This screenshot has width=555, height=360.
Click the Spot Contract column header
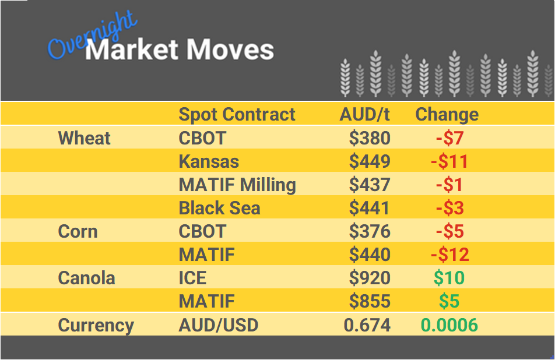pyautogui.click(x=237, y=114)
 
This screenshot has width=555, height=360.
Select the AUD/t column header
pyautogui.click(x=364, y=114)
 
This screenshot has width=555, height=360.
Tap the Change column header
pyautogui.click(x=447, y=114)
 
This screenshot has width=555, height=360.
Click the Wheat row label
pyautogui.click(x=84, y=138)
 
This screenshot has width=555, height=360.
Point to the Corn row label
pyautogui.click(x=78, y=231)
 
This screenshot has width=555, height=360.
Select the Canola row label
pyautogui.click(x=86, y=278)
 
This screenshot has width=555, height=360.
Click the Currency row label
pyautogui.click(x=96, y=325)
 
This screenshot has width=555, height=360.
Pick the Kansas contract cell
pyautogui.click(x=209, y=161)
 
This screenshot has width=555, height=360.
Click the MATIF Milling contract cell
pyautogui.click(x=237, y=185)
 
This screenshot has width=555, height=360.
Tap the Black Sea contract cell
pyautogui.click(x=219, y=208)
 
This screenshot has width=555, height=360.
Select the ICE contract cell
pyautogui.click(x=193, y=278)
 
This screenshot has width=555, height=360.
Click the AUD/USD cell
pyautogui.click(x=218, y=325)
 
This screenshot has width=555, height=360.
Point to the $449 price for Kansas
pyautogui.click(x=370, y=161)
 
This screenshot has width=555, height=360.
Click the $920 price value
pyautogui.click(x=370, y=278)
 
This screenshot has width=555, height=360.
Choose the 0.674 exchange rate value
pyautogui.click(x=367, y=325)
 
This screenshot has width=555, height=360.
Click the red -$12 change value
pyautogui.click(x=449, y=255)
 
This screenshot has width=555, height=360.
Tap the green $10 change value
pyautogui.click(x=449, y=278)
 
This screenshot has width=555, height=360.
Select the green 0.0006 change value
pyautogui.click(x=449, y=325)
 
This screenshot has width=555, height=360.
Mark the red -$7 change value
pyautogui.click(x=449, y=138)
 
